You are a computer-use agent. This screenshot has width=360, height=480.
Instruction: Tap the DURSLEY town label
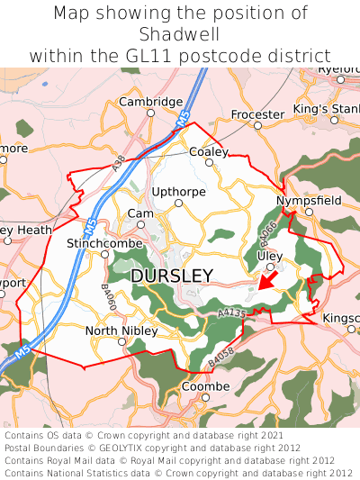click(172, 276)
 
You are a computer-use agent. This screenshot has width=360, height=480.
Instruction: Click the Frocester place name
click(257, 114)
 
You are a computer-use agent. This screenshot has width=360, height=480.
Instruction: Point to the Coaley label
click(209, 152)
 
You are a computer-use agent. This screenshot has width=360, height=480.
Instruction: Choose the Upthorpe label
click(179, 192)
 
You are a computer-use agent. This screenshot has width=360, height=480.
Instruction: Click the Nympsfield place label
click(309, 200)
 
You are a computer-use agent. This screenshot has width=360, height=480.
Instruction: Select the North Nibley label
click(121, 331)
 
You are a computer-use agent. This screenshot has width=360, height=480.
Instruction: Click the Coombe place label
click(206, 385)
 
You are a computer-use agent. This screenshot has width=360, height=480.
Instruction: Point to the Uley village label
click(269, 256)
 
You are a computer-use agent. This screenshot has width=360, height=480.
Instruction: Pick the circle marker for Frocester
click(257, 126)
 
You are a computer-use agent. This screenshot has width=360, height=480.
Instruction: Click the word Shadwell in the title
click(180, 34)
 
